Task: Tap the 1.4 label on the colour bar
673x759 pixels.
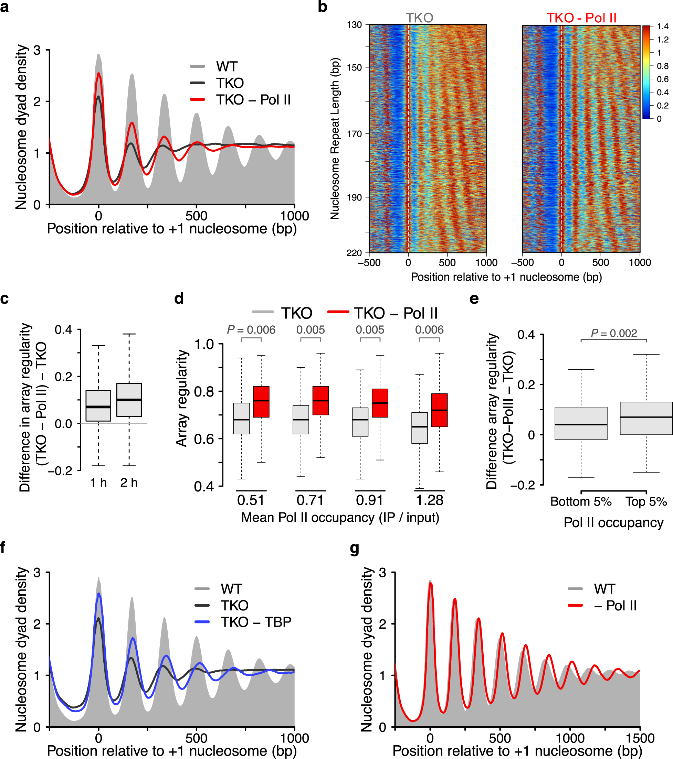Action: coord(663,26)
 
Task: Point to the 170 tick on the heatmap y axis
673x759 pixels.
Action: coord(354,134)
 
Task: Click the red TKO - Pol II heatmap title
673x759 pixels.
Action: coord(581,18)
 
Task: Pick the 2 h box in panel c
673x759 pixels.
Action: coord(129,400)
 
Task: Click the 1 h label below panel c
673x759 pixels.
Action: coord(98,482)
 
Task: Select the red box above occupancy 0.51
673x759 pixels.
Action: coord(261,402)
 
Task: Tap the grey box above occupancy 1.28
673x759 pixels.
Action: coord(420,428)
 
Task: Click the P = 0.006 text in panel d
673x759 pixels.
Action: coord(251,330)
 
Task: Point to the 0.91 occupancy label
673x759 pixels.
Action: coord(369,500)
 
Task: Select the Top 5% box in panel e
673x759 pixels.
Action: coord(646,418)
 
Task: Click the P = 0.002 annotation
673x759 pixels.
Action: coord(614,333)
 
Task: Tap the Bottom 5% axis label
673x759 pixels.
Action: coord(581,502)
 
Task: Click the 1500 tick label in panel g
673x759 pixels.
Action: coord(640,737)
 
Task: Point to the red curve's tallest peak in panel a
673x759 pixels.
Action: coord(98,74)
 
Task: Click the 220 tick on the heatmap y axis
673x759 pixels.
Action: coord(354,253)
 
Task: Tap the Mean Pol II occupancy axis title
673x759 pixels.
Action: coord(340,517)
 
